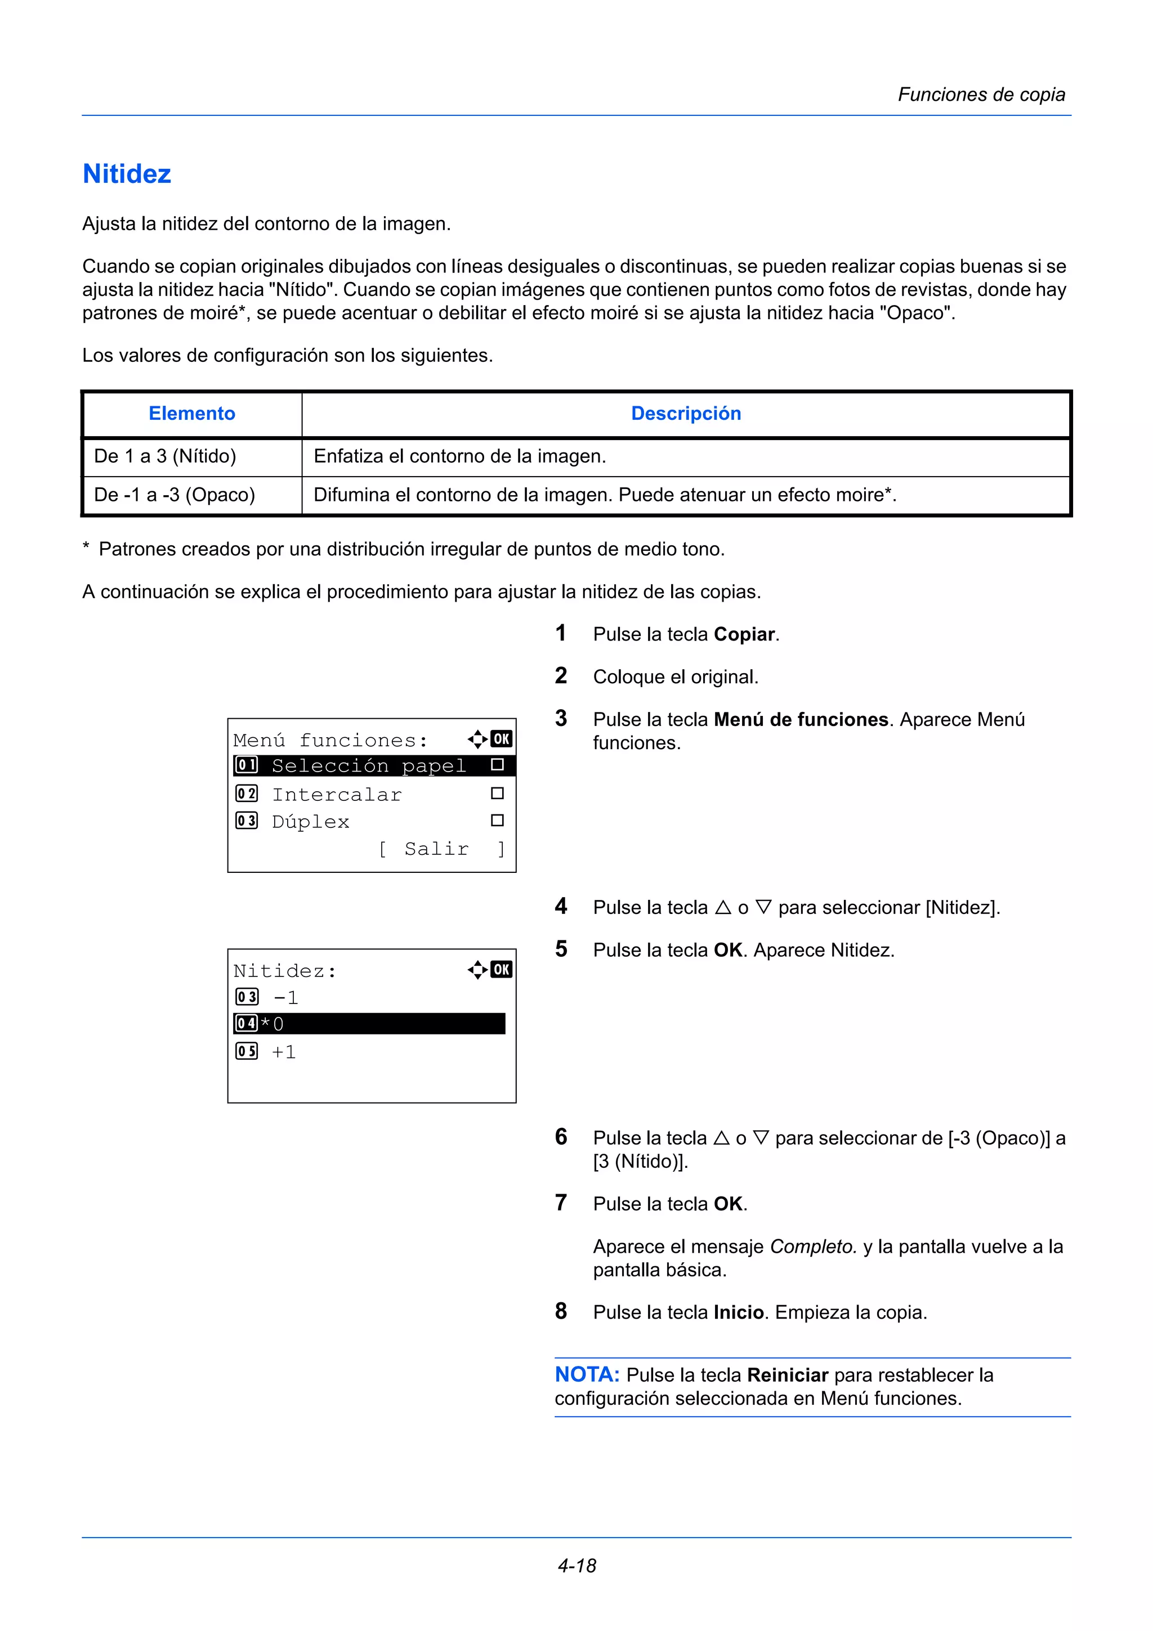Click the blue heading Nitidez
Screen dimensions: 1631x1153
(x=127, y=174)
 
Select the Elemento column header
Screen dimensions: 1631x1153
(x=192, y=414)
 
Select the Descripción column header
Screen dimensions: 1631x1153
(x=686, y=414)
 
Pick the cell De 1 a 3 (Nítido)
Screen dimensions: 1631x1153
(x=165, y=456)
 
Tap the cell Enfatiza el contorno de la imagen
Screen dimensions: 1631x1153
(x=459, y=456)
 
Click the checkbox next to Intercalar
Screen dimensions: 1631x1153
(x=497, y=794)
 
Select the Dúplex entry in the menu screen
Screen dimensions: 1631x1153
(x=310, y=822)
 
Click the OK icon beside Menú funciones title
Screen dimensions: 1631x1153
(x=501, y=740)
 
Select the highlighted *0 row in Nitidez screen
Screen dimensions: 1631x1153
(x=369, y=1024)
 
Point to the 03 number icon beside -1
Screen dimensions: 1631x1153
(x=247, y=997)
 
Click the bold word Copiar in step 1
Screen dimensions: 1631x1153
(x=744, y=634)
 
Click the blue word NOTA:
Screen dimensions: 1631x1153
(x=587, y=1374)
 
